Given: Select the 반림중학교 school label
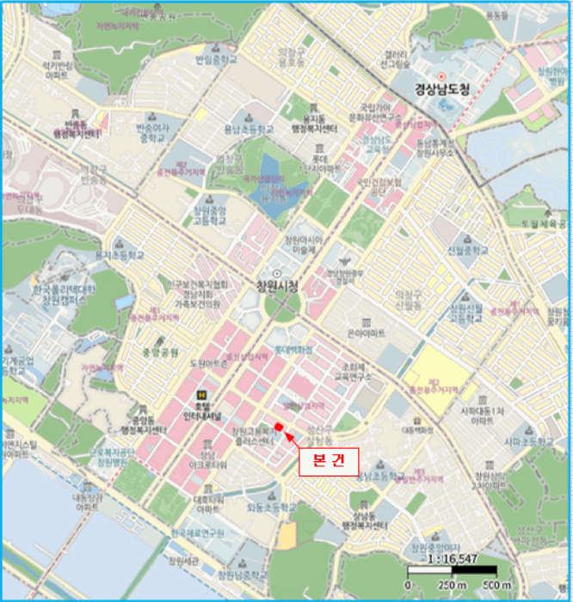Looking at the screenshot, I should pyautogui.click(x=214, y=60).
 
